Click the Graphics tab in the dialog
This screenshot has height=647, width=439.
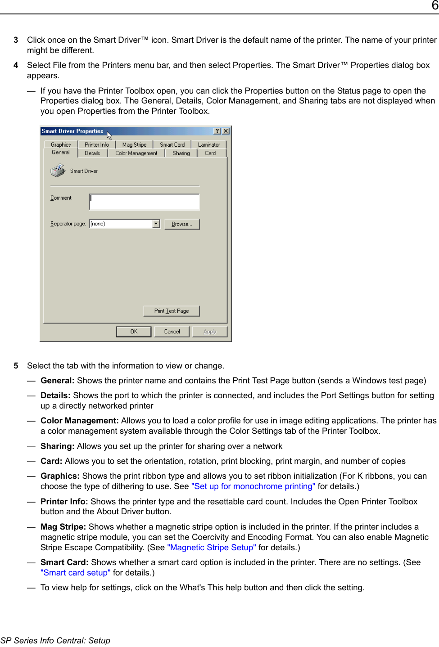(61, 144)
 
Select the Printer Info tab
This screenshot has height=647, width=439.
(97, 144)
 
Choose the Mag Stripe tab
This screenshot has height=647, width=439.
(134, 144)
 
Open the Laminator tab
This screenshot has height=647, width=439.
(209, 144)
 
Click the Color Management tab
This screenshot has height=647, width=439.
(136, 153)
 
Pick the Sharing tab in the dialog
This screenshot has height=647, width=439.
(181, 153)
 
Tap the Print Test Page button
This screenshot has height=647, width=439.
(171, 311)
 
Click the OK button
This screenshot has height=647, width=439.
(134, 332)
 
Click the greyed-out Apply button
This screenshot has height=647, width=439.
(209, 332)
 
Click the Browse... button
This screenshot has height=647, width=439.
(182, 224)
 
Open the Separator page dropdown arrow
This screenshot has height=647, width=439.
(156, 224)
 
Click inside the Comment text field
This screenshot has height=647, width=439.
(144, 202)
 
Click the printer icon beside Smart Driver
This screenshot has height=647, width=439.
(58, 171)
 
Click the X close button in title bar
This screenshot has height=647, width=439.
(226, 131)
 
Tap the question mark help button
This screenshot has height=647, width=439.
(217, 131)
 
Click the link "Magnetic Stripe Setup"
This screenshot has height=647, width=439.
(212, 548)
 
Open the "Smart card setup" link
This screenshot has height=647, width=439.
(75, 573)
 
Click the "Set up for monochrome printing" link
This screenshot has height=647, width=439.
(253, 486)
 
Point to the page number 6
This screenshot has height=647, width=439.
(434, 5)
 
